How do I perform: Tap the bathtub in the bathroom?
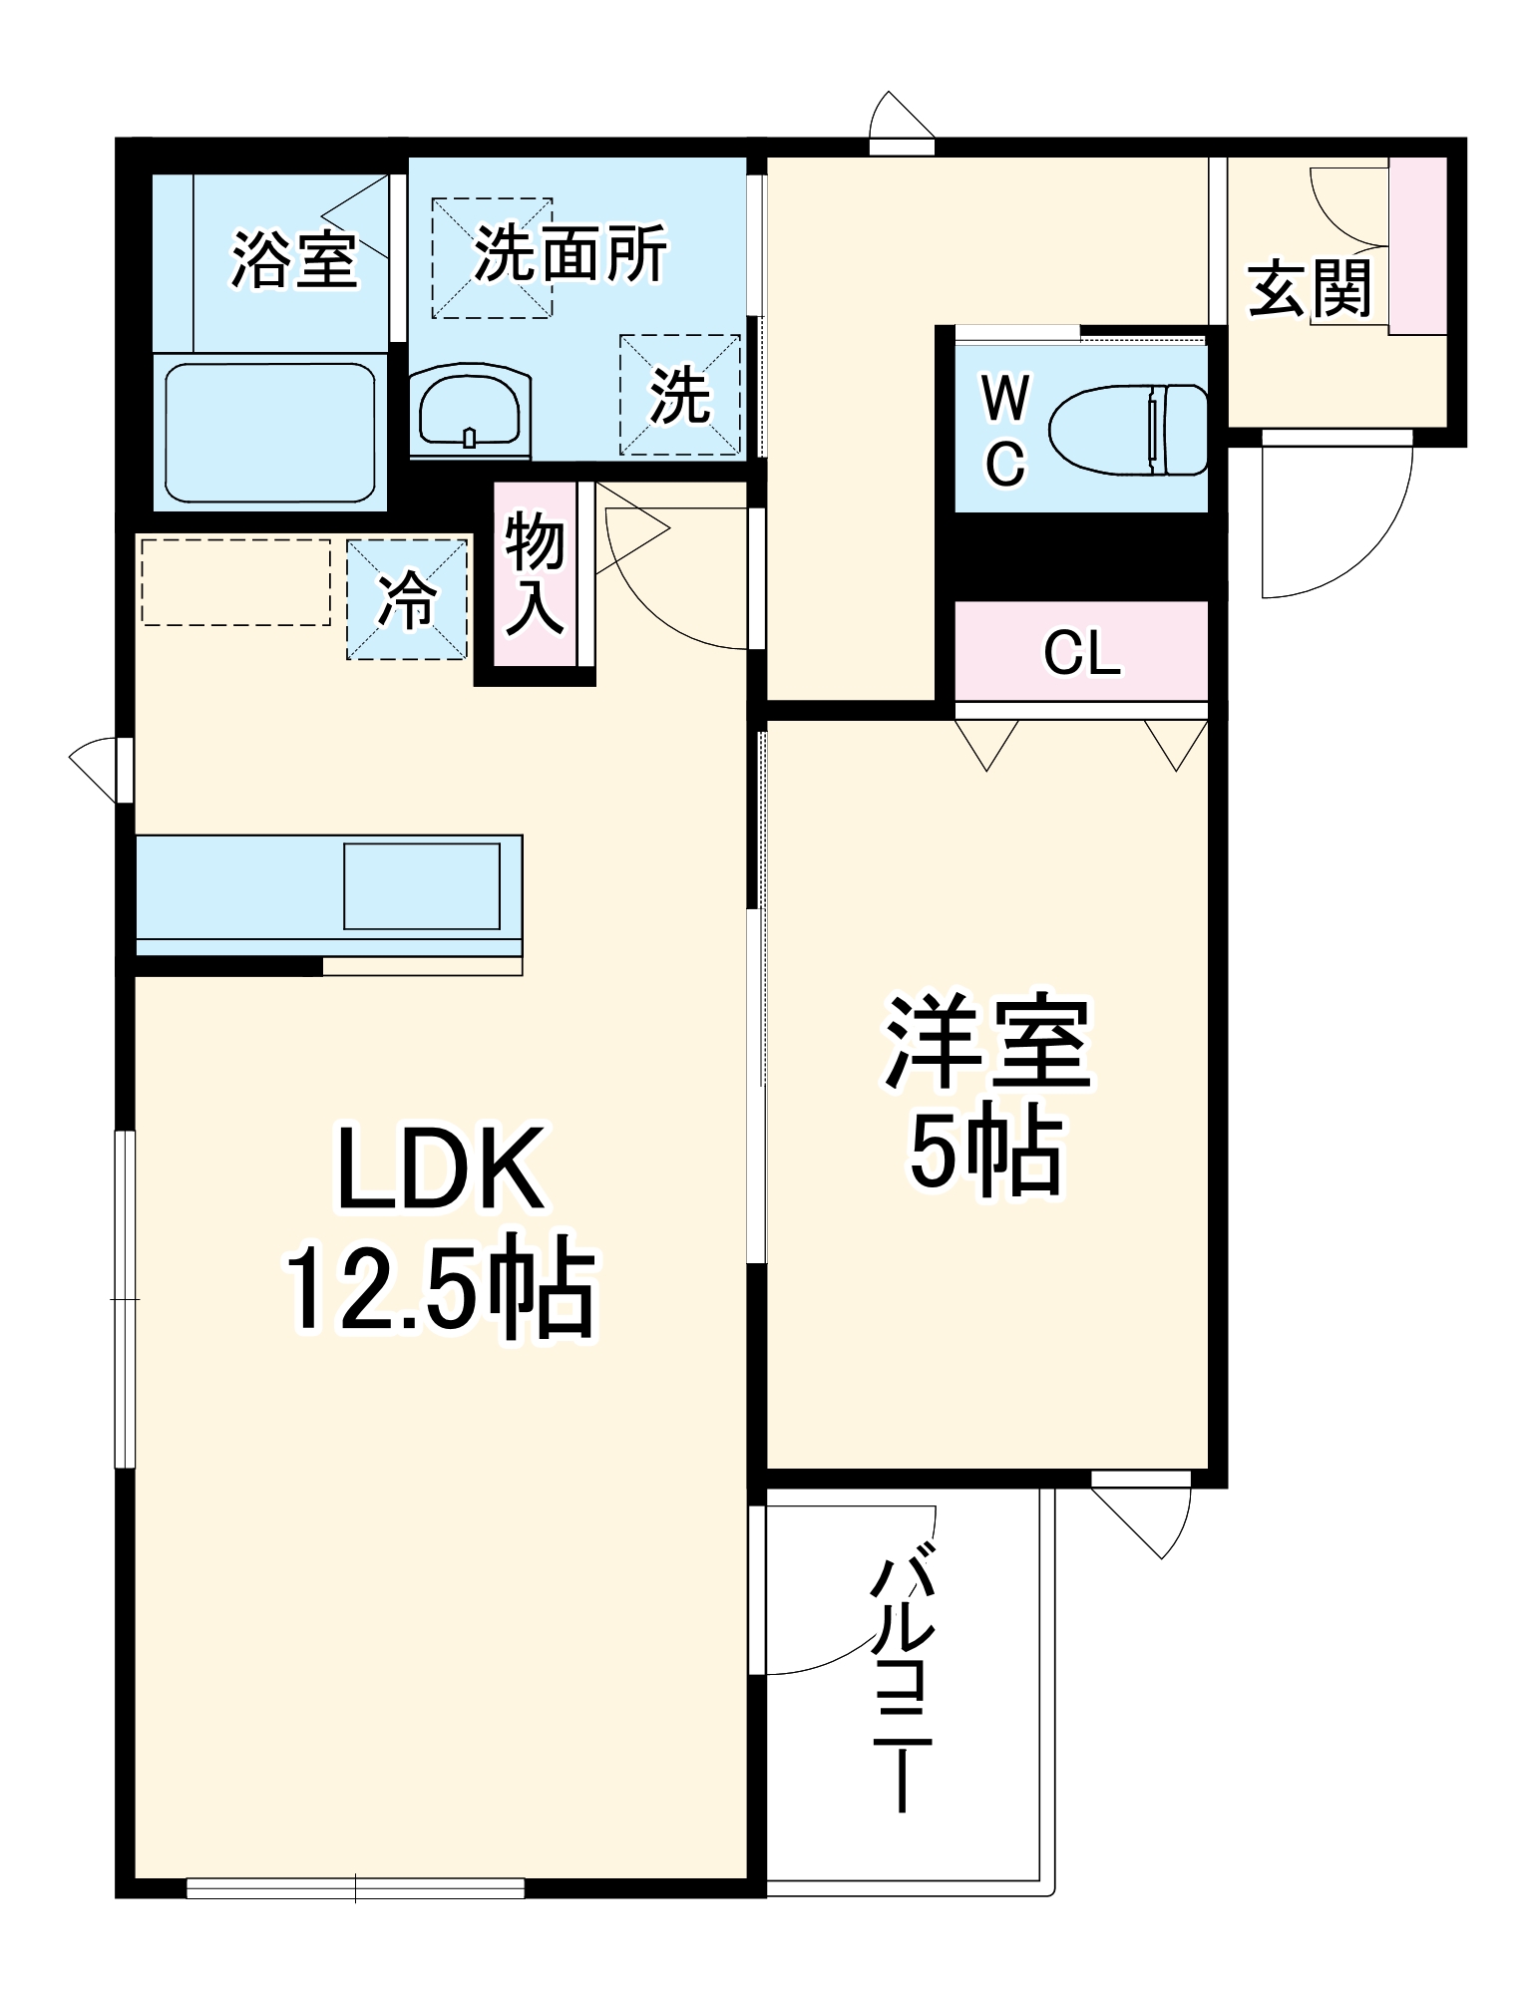[x=269, y=432]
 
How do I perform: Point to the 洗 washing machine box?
[x=680, y=395]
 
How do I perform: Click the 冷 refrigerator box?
[x=407, y=599]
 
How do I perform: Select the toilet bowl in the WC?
[x=1127, y=430]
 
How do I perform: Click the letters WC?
[x=1004, y=431]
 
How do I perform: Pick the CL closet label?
[x=1081, y=653]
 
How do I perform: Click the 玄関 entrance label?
[x=1310, y=288]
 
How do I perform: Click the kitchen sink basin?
[x=422, y=885]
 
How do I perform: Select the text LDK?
[x=442, y=1168]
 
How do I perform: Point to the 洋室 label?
[x=987, y=1042]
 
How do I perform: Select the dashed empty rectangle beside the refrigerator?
[x=236, y=582]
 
